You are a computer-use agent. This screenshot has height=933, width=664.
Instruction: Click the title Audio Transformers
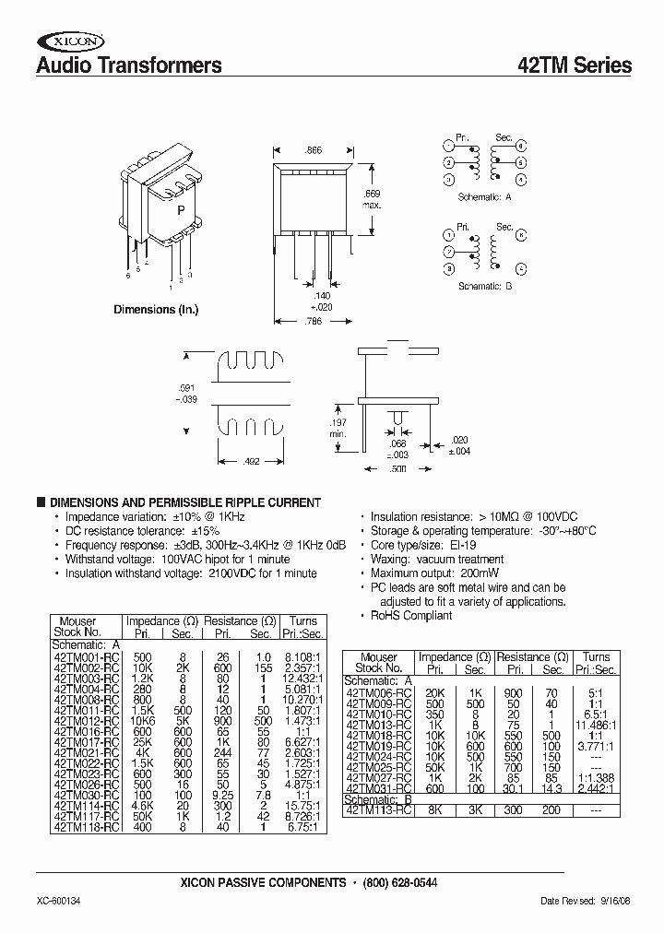tap(128, 65)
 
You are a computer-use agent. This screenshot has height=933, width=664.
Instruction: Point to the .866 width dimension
tap(314, 149)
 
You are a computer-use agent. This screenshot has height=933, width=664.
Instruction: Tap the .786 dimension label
tap(314, 321)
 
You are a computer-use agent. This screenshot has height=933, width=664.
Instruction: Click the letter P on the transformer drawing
tap(181, 210)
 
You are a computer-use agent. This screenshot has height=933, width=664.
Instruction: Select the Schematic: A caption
tap(485, 197)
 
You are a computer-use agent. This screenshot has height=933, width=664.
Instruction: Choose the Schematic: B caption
tap(485, 287)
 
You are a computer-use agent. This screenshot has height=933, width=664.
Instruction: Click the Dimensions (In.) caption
tap(156, 310)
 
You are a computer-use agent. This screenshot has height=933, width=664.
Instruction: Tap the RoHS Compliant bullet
tap(411, 615)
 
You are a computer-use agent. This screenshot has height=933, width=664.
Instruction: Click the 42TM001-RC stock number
tap(86, 656)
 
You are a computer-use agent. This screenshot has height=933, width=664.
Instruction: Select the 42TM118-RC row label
tap(86, 802)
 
